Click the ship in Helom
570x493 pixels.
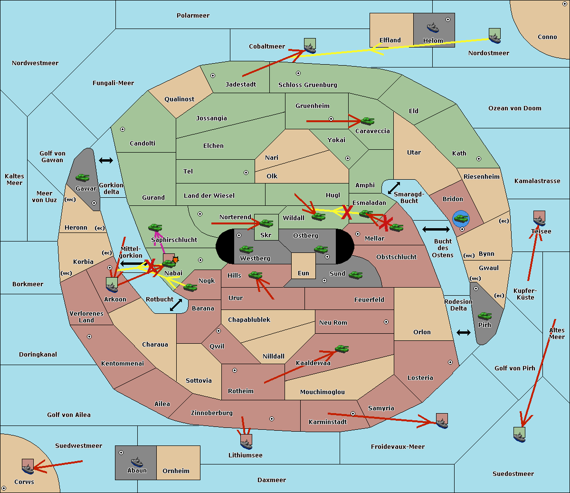[433, 28]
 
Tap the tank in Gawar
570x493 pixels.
[83, 177]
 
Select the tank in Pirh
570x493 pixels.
[484, 316]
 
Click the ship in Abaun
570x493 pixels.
[137, 462]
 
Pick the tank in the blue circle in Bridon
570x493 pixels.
[461, 218]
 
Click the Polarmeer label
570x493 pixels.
[193, 16]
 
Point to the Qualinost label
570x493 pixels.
[179, 99]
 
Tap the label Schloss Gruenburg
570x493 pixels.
[307, 85]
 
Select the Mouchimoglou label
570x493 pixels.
[323, 392]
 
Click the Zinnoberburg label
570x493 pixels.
[212, 413]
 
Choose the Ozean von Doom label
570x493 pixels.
[515, 108]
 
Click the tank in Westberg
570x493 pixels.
[246, 250]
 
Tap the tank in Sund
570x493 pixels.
[355, 275]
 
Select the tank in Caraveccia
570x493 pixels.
[367, 121]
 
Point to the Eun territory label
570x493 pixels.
[304, 273]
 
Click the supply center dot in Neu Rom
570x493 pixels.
[386, 322]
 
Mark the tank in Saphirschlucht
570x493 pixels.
[155, 227]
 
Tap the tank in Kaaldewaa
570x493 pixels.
[342, 348]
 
